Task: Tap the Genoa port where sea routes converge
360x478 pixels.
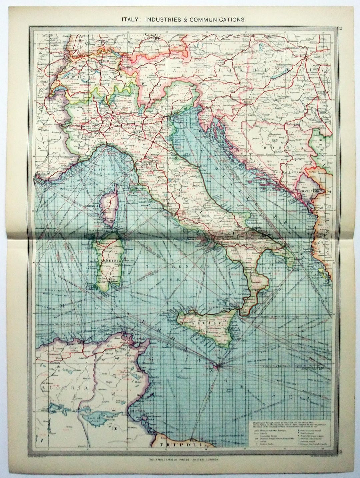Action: (107, 144)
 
